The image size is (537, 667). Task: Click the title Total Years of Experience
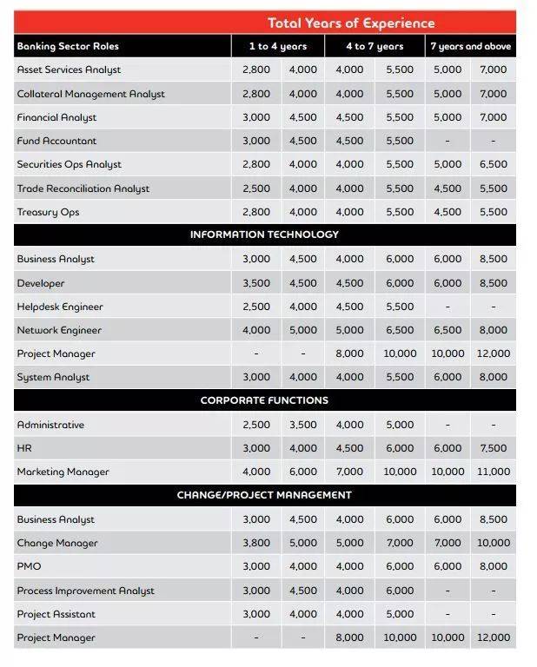tap(351, 23)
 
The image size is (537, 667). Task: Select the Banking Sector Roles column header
tap(68, 46)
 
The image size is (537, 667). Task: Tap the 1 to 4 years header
tap(278, 46)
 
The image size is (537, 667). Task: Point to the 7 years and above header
tap(470, 46)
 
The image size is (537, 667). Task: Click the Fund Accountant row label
tap(56, 141)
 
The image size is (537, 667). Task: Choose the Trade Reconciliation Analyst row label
tap(83, 188)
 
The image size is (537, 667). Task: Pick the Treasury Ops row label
tap(48, 212)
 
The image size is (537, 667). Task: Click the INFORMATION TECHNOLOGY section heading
tap(264, 234)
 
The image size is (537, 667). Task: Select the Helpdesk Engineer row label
tap(60, 307)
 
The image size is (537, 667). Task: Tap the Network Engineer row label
tap(59, 330)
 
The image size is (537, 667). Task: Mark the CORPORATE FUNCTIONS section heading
tap(264, 400)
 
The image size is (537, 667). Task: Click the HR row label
tap(24, 448)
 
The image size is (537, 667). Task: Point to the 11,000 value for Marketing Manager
tap(493, 472)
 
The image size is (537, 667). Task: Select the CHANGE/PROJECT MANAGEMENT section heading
tap(264, 495)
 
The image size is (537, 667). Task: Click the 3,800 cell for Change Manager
tap(256, 543)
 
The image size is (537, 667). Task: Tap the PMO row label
tap(29, 566)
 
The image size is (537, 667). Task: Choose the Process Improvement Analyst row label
tap(85, 591)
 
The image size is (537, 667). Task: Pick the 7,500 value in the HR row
tap(493, 448)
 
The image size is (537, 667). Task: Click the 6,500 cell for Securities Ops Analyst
tap(493, 164)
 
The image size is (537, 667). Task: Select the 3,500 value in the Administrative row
tap(302, 425)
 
